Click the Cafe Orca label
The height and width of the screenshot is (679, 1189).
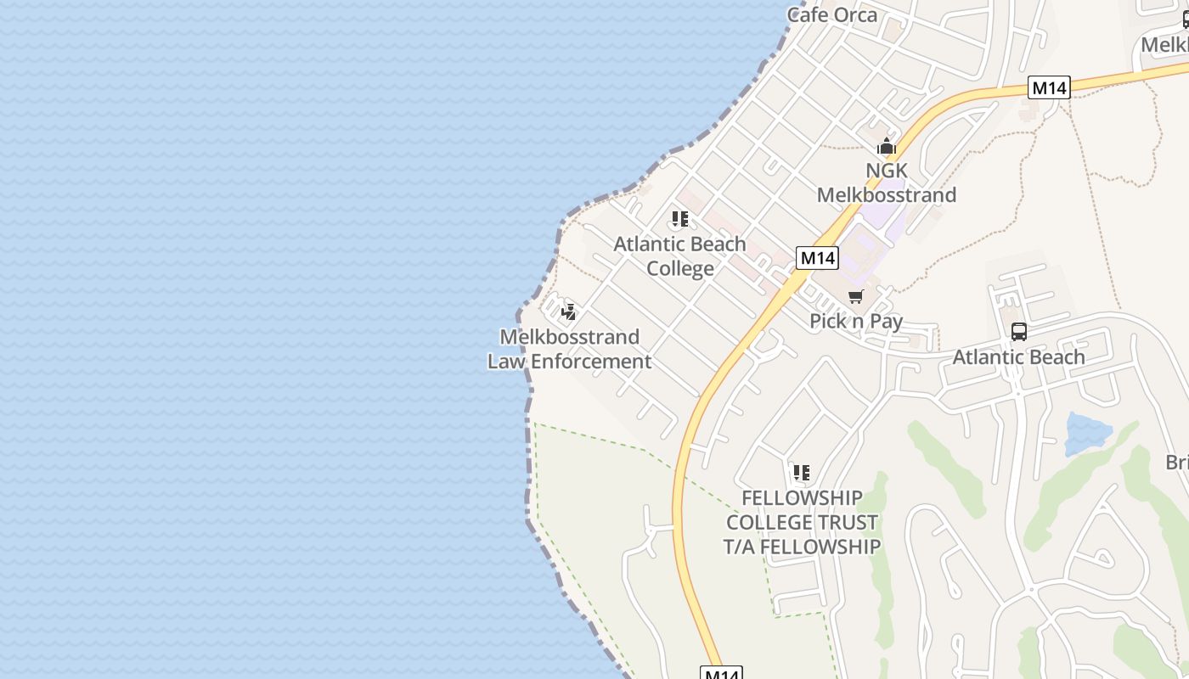coord(831,14)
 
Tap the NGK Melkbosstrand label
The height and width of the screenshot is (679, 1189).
coord(886,182)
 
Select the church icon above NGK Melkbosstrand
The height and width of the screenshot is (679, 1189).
coord(887,147)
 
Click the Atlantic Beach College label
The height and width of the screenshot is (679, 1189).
coord(679,256)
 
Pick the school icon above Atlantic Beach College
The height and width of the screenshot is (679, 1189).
coord(679,220)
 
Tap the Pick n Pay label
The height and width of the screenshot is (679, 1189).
coord(855,321)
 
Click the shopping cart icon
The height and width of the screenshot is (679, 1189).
coord(855,296)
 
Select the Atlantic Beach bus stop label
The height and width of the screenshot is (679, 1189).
coord(1018,356)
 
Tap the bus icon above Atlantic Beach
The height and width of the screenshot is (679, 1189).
coord(1018,332)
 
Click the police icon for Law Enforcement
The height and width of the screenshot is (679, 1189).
coord(569,311)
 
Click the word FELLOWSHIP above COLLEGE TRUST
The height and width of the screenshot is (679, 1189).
coord(802,497)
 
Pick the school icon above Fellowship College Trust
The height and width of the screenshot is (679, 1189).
coord(801,473)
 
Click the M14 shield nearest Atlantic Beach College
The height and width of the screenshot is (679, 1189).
coord(817,258)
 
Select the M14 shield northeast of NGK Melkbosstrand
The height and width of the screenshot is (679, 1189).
coord(1049,87)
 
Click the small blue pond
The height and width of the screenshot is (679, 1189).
coord(1086,434)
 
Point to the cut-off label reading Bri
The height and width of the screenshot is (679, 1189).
coord(1176,463)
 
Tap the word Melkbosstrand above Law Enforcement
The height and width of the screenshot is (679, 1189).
coord(569,337)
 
